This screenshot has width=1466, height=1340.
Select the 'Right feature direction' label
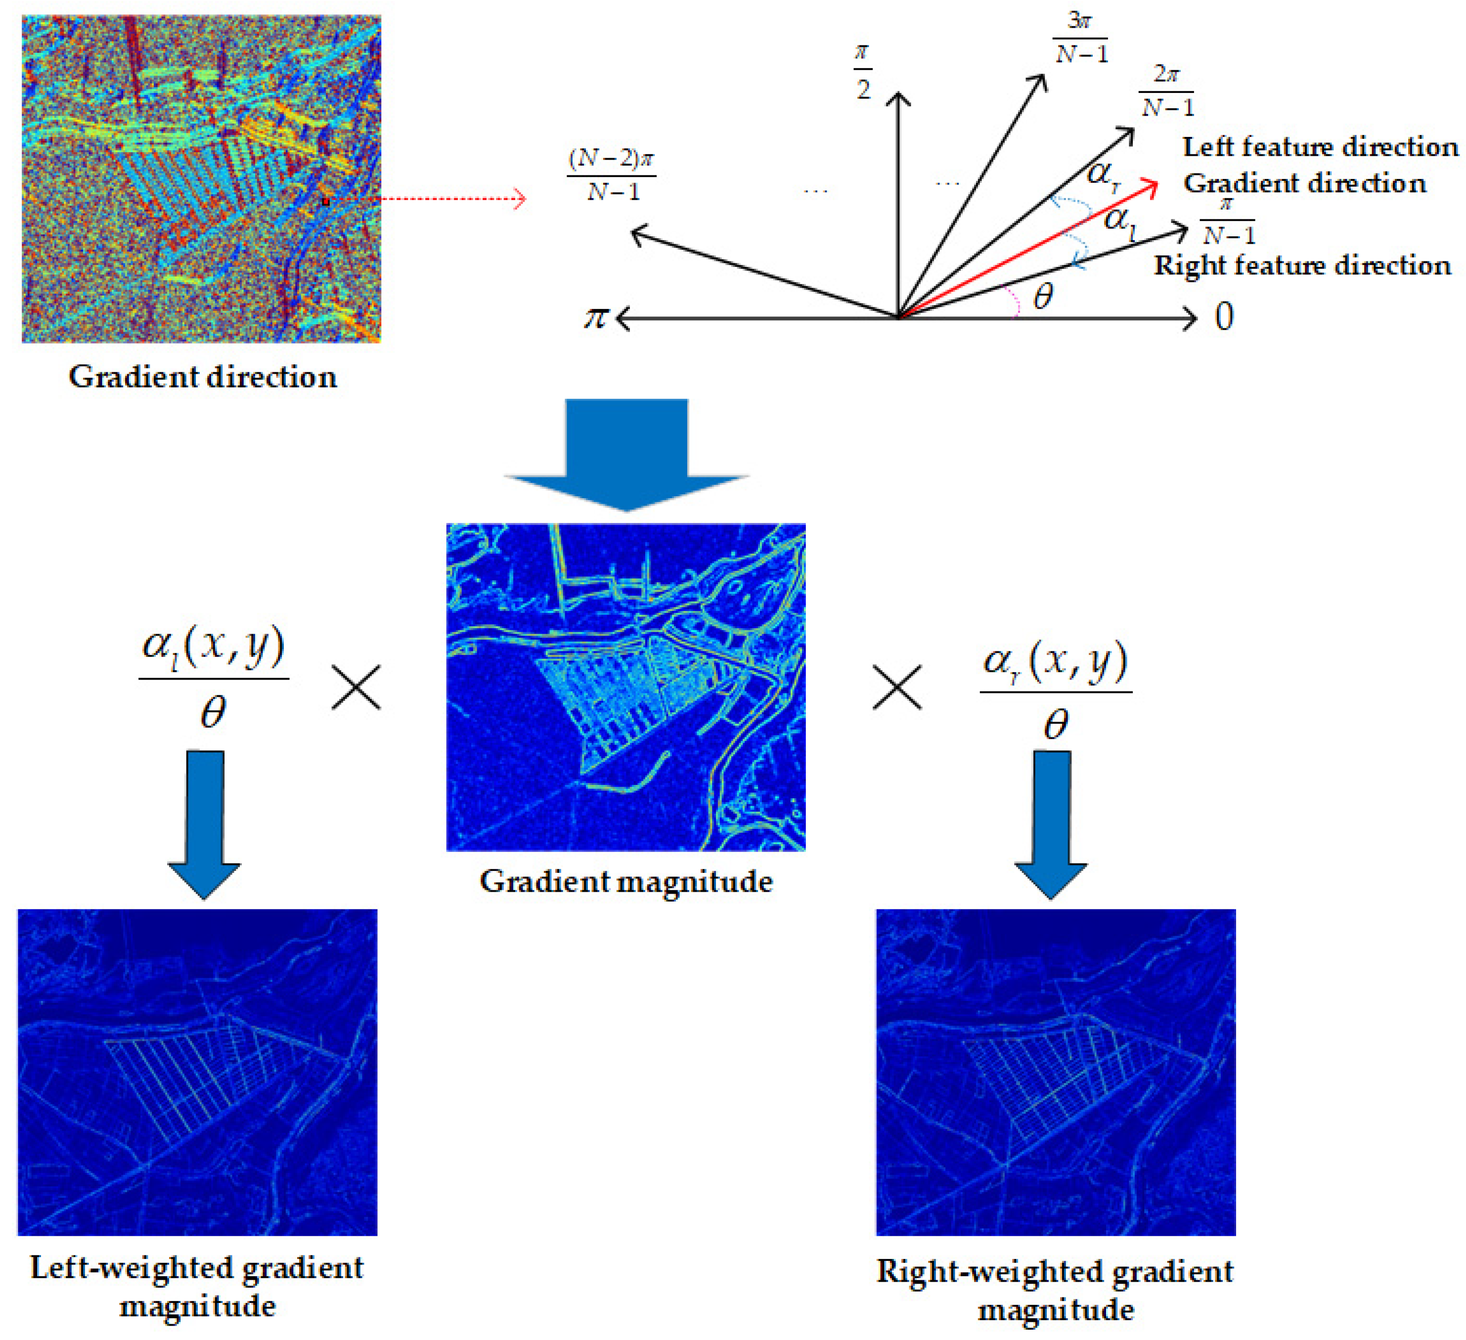click(1302, 265)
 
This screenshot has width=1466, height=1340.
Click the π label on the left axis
click(596, 318)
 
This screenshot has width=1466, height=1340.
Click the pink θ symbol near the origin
click(1043, 297)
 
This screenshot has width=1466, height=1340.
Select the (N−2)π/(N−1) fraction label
click(612, 174)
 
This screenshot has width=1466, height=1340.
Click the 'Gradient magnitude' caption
click(625, 881)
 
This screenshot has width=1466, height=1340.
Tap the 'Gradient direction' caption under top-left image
click(202, 377)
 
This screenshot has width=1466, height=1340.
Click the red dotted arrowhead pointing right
click(519, 199)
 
